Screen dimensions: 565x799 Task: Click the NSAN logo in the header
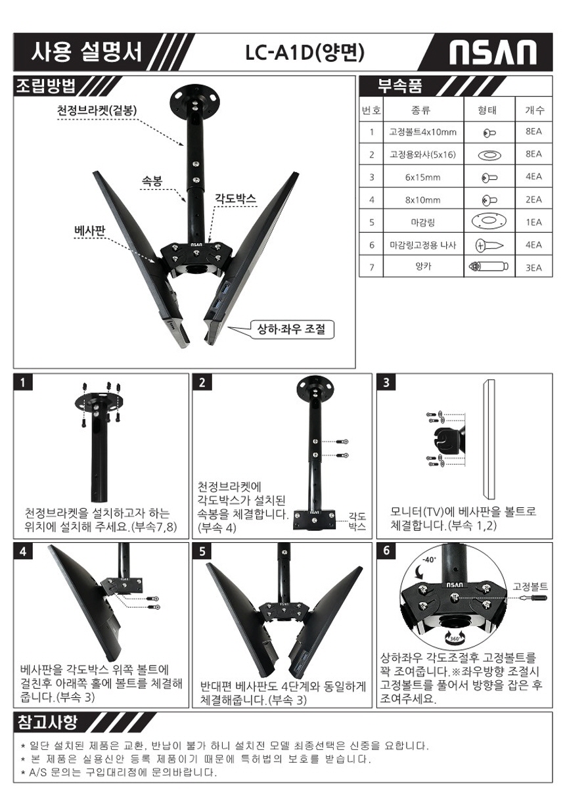click(x=492, y=53)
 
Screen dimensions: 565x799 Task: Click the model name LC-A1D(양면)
click(x=305, y=53)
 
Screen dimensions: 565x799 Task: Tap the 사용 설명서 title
click(x=87, y=52)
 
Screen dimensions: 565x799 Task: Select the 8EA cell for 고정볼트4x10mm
click(x=533, y=131)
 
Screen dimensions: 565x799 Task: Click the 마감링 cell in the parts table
click(x=422, y=223)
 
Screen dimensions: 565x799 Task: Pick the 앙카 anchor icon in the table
click(x=488, y=267)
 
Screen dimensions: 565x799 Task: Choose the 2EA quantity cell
click(x=533, y=199)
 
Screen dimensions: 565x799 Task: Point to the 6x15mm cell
click(x=422, y=177)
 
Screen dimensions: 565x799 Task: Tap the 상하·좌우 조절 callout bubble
click(x=291, y=329)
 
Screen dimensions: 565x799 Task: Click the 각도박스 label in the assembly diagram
click(x=235, y=198)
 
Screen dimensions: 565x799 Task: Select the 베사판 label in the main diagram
click(x=90, y=231)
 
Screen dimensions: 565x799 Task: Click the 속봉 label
click(x=152, y=181)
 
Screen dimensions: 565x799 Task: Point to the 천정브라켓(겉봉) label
click(x=97, y=110)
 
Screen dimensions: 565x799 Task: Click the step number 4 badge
click(x=23, y=551)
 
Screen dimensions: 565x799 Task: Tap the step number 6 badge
click(x=386, y=551)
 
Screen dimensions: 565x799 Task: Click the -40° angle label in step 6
click(x=429, y=560)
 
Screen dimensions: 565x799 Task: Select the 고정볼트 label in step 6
click(x=530, y=585)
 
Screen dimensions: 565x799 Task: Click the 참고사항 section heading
click(x=47, y=723)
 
